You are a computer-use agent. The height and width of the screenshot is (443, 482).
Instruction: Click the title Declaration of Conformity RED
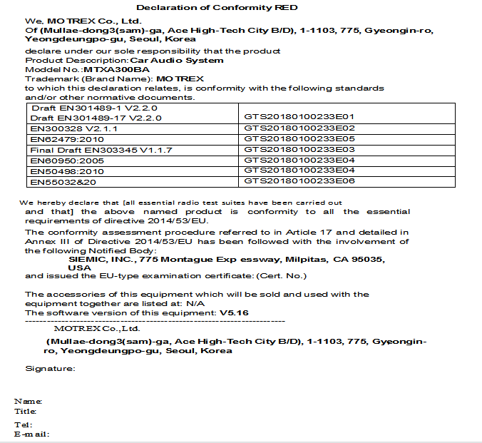point(217,7)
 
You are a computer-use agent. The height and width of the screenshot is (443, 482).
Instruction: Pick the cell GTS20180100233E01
point(299,116)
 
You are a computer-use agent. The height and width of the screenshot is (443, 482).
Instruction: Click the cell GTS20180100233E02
point(299,128)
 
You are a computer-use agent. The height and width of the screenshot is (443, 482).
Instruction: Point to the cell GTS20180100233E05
point(299,138)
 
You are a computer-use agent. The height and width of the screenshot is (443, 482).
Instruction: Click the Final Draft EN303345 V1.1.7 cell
point(93,150)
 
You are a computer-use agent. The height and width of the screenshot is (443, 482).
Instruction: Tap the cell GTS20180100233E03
point(299,150)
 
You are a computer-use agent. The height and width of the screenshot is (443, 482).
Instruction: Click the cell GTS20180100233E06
point(299,182)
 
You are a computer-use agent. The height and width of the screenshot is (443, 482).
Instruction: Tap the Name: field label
point(28,402)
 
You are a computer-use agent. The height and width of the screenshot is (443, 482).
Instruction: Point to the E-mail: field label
point(31,434)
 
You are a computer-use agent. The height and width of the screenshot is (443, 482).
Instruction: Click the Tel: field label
point(24,424)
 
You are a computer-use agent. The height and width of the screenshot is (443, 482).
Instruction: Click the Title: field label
point(26,411)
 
